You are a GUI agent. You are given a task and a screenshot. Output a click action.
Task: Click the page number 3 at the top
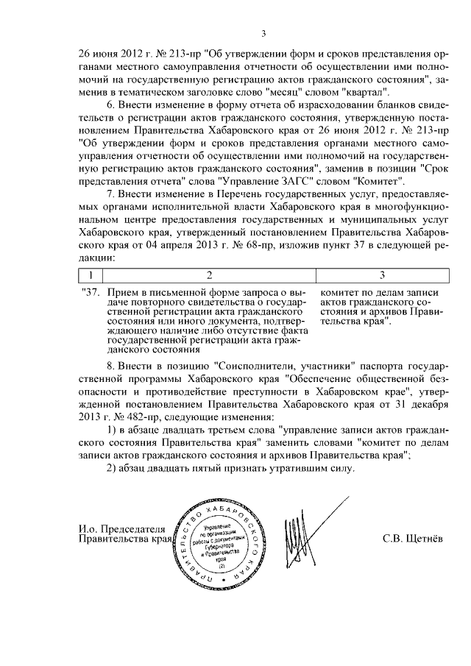click(263, 32)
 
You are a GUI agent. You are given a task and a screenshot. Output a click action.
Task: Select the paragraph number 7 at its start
click(110, 194)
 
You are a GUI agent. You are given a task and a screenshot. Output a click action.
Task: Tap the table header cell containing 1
click(90, 275)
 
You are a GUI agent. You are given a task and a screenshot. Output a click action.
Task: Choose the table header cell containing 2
click(208, 275)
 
